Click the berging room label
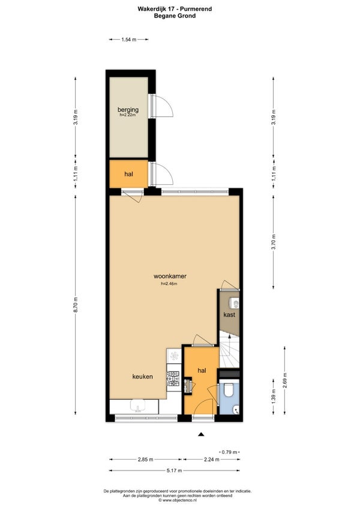[128, 110]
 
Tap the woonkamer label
[170, 276]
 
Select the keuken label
[143, 376]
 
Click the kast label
[229, 315]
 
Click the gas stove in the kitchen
[173, 379]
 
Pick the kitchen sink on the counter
[139, 406]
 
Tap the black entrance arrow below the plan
[201, 434]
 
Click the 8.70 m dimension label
[76, 305]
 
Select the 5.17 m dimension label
[175, 471]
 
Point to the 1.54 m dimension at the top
[128, 40]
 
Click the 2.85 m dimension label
[145, 459]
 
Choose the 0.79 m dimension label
[230, 452]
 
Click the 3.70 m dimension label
[274, 242]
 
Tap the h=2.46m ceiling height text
[169, 283]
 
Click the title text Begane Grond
[175, 15]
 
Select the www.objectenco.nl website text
[177, 500]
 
